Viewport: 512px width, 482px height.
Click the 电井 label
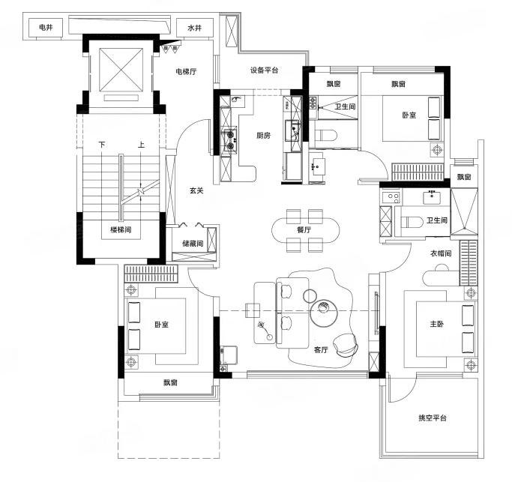tap(46, 28)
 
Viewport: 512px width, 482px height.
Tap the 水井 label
tap(194, 28)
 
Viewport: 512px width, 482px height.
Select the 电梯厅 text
tap(186, 71)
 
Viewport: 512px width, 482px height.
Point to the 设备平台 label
tap(264, 70)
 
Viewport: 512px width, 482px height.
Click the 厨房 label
tap(264, 135)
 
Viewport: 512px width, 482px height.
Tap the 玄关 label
tap(196, 190)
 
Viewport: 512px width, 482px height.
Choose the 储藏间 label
tap(193, 244)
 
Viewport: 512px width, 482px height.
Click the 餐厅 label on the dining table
tap(304, 229)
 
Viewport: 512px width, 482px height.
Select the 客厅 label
tap(321, 350)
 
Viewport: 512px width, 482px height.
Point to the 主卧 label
tap(436, 324)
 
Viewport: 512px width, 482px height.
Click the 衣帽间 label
tap(441, 253)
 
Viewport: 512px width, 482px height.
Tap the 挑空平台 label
tap(433, 418)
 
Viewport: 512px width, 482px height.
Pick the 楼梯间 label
tap(121, 230)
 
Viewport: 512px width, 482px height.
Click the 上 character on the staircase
tap(141, 145)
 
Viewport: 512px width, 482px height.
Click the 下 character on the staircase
tap(102, 145)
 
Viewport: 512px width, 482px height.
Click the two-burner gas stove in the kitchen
tap(230, 139)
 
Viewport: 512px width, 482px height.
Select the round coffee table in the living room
tap(324, 313)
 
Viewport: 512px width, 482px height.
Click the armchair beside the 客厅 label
tap(346, 345)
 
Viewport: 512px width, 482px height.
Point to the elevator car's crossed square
tap(121, 70)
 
